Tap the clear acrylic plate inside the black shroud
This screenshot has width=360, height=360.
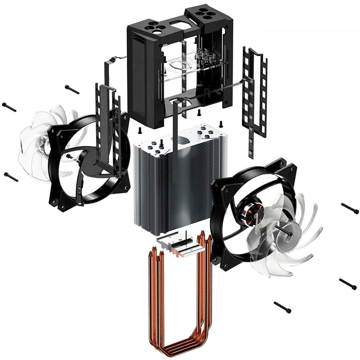pos(180,67)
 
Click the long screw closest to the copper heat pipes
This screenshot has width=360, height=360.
pos(282,307)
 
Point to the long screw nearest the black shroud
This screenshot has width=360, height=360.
pos(72,89)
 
